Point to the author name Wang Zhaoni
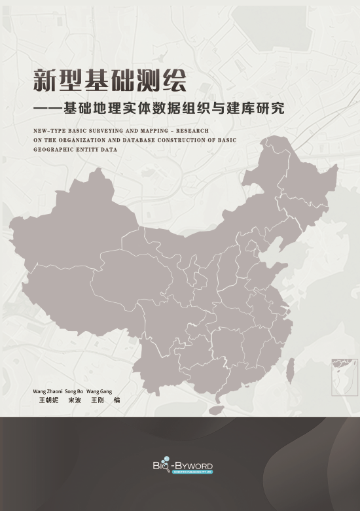47,391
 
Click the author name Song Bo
74,391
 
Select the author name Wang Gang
99,391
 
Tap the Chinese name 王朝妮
48,400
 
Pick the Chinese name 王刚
98,400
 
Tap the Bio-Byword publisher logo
180,467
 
